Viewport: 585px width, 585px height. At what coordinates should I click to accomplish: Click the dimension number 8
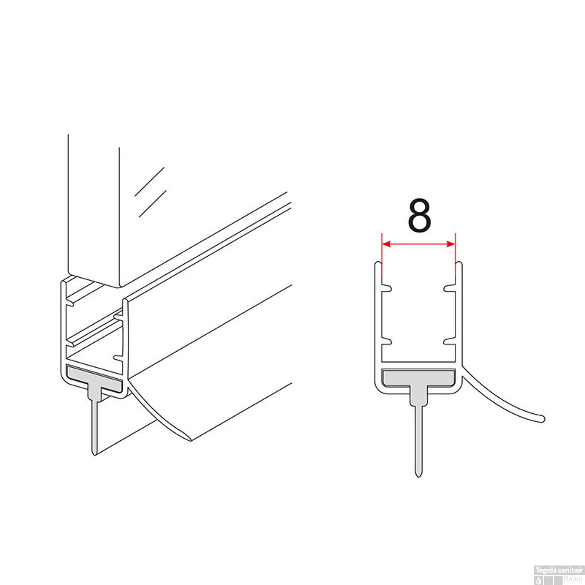[x=419, y=216]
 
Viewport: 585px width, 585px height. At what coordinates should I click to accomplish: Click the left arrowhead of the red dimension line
[x=386, y=244]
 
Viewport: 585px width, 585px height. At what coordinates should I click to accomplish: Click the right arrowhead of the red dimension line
[x=451, y=244]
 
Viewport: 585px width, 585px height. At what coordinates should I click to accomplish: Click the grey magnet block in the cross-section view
[x=418, y=378]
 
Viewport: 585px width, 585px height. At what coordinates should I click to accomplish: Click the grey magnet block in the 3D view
[x=94, y=378]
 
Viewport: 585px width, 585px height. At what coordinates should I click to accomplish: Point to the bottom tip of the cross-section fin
[x=418, y=476]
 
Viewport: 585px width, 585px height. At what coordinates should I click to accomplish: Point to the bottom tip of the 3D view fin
[x=94, y=454]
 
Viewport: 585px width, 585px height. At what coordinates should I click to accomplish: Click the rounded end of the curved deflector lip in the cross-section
[x=542, y=419]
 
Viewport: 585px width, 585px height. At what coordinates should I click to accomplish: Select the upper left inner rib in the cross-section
[x=386, y=288]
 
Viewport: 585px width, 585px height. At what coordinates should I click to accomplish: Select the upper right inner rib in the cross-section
[x=450, y=288]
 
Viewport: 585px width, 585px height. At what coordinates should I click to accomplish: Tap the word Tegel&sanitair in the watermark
[x=559, y=570]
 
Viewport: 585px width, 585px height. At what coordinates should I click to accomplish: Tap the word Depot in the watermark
[x=573, y=579]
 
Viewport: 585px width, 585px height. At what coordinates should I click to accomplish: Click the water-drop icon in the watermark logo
[x=539, y=580]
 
